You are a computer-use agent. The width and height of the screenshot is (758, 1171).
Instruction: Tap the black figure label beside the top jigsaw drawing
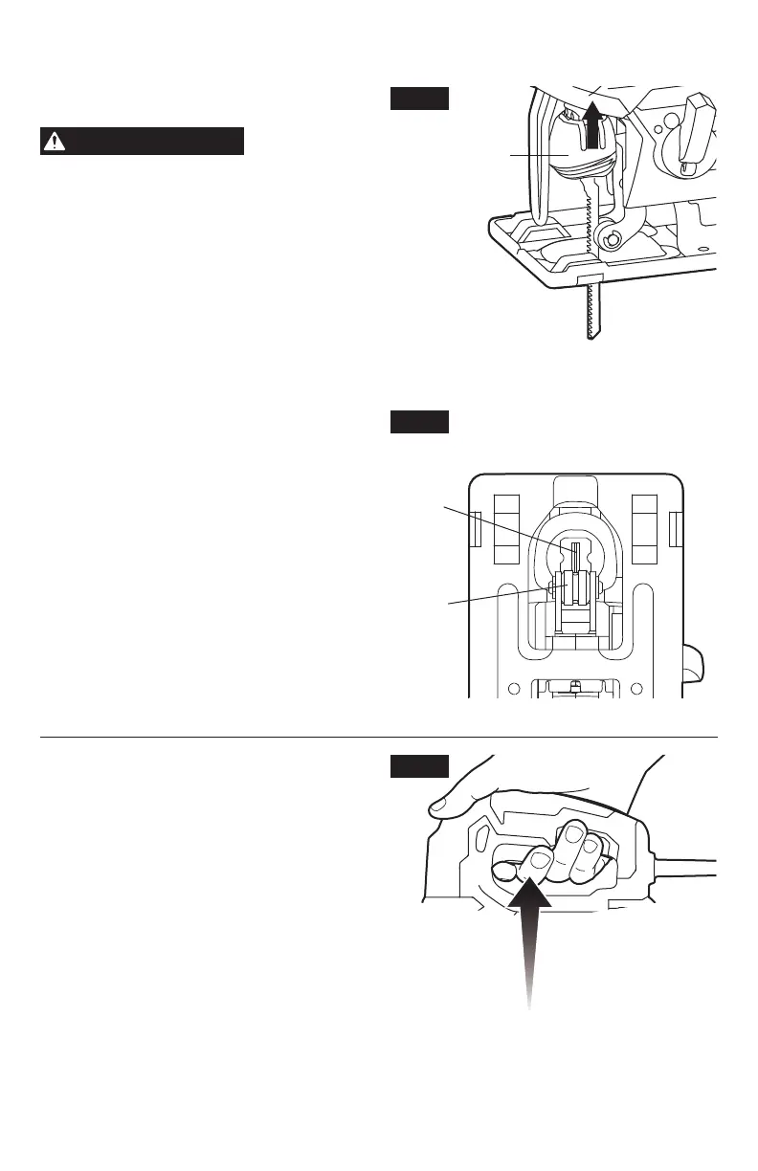[x=419, y=98]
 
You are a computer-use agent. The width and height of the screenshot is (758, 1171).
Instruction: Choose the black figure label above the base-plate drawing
[x=419, y=422]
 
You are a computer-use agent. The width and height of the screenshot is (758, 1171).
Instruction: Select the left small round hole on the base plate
[x=515, y=688]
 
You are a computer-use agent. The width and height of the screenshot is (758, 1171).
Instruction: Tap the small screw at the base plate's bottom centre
[x=574, y=685]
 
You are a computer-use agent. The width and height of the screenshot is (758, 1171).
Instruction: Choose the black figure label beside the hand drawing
[x=419, y=765]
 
